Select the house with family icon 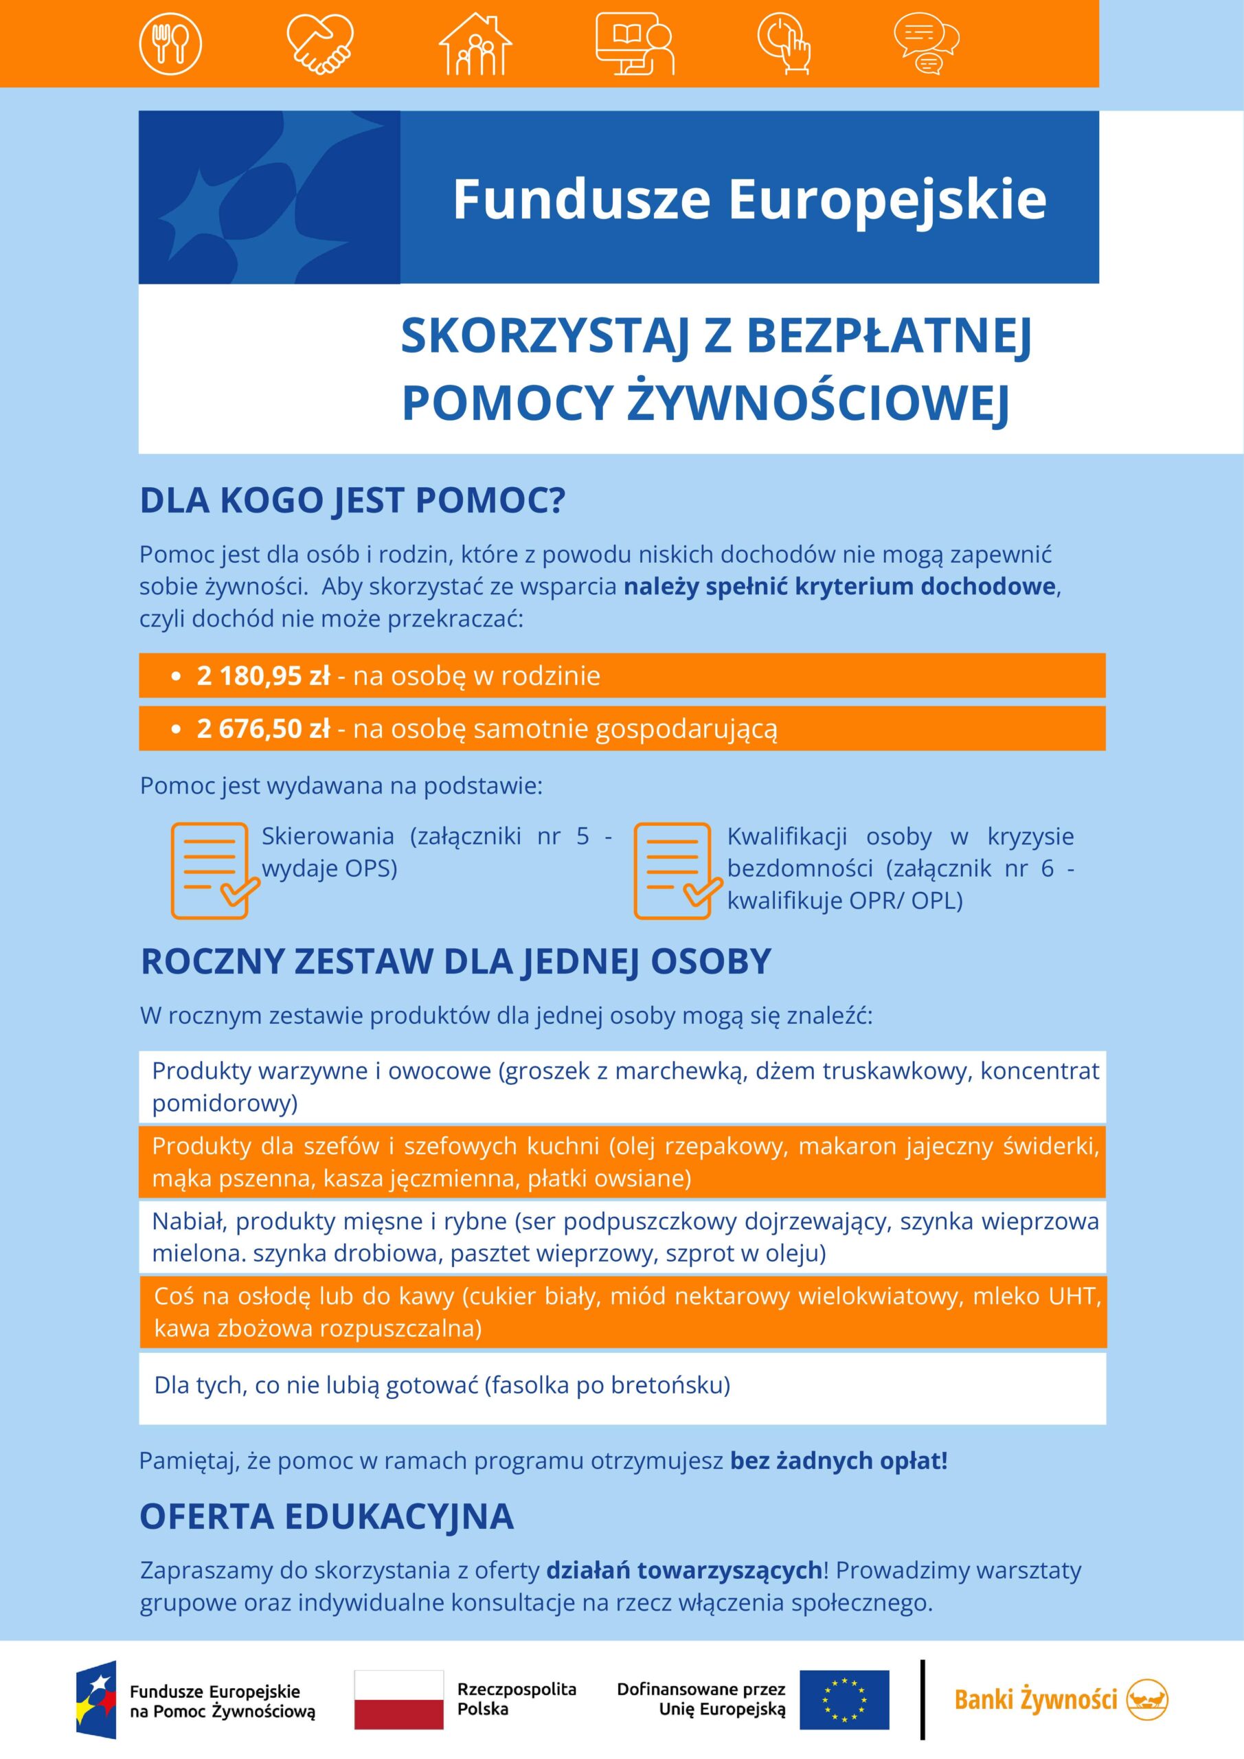475,44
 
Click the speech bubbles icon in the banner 926,45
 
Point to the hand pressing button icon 784,44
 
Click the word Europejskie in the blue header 886,199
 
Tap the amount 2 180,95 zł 262,675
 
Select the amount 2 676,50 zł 262,728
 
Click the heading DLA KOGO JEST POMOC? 352,501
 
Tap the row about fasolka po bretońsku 442,1385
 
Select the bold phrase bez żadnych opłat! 839,1461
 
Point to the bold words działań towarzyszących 683,1571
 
